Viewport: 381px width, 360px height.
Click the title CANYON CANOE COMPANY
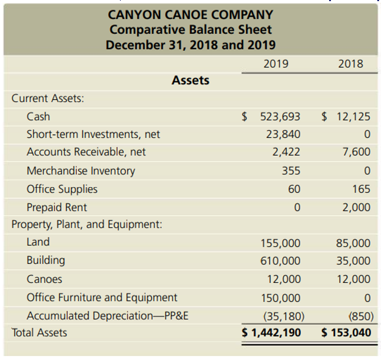click(x=190, y=14)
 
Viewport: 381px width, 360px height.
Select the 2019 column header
click(x=276, y=64)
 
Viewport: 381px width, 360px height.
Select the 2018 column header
click(x=351, y=64)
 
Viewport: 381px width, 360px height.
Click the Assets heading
click(x=190, y=80)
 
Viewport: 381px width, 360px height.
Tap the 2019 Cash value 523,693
click(x=280, y=117)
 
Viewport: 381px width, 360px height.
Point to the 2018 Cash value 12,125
click(x=353, y=117)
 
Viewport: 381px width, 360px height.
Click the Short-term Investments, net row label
click(x=93, y=134)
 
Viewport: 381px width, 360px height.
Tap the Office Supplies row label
click(x=62, y=189)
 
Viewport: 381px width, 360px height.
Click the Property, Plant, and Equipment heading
click(x=87, y=224)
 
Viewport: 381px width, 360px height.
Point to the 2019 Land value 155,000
click(x=280, y=244)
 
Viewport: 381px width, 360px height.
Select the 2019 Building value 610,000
click(x=280, y=261)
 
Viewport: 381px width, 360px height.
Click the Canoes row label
click(x=44, y=279)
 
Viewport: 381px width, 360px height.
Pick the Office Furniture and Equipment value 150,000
click(x=280, y=298)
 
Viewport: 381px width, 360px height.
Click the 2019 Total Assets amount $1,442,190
click(x=271, y=332)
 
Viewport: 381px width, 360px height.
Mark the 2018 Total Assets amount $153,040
click(x=347, y=332)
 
